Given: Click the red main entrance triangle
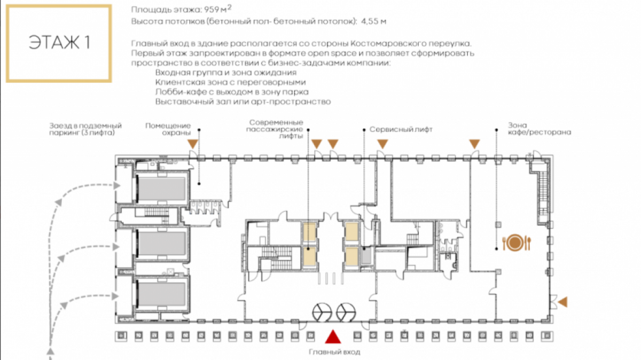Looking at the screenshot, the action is tap(333, 337).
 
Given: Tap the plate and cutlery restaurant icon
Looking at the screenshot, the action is tap(517, 243).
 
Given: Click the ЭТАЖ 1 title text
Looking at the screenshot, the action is tap(59, 42).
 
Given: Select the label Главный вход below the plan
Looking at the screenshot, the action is tap(334, 352).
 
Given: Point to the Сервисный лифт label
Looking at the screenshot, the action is tap(401, 130).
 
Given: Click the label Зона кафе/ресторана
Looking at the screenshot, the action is tap(540, 129).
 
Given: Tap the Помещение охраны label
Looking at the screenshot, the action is tap(168, 129).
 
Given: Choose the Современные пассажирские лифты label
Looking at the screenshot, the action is tap(275, 129).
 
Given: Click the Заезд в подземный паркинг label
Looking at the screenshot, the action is tap(85, 129).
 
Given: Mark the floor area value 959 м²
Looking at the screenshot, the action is tap(217, 10).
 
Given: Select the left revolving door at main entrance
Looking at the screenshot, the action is tap(322, 312).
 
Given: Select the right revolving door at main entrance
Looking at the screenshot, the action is tap(346, 312).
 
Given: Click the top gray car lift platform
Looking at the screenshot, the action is tap(162, 189).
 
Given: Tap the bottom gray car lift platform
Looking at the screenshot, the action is tap(162, 294).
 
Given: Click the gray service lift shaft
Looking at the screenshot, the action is tap(366, 256).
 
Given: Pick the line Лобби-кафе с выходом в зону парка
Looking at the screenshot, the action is tap(232, 92).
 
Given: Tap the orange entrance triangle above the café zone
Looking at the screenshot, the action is tap(474, 144).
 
